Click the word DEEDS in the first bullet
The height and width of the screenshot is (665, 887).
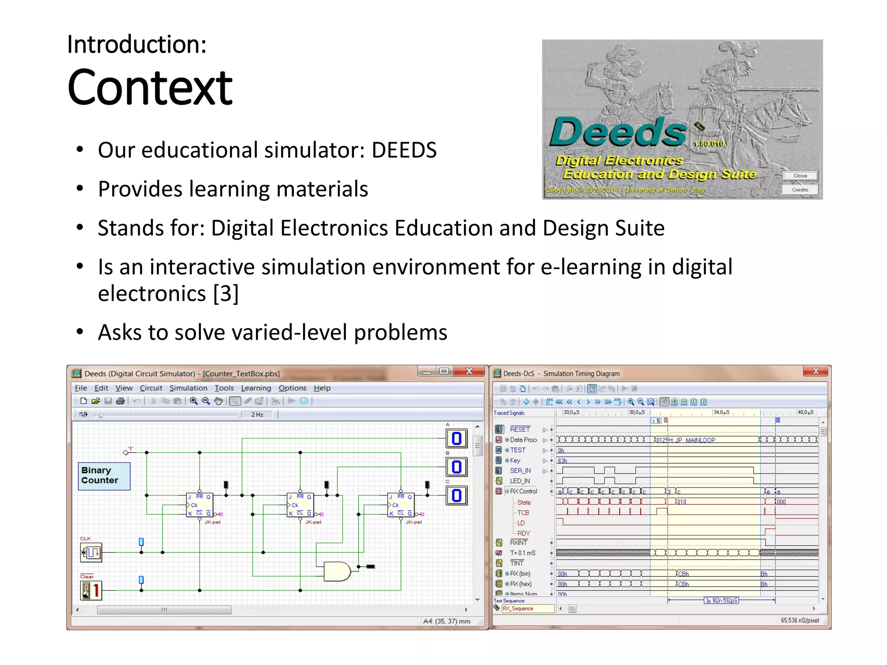(404, 150)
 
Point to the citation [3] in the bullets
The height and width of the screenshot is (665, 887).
(226, 294)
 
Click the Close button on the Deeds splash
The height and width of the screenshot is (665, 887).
(800, 176)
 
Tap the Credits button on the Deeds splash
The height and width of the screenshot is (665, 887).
(800, 190)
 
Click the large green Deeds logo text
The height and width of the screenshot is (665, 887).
(618, 132)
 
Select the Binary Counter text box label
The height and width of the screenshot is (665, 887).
(104, 475)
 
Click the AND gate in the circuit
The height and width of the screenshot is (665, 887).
(337, 571)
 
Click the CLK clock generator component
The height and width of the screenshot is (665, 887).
(91, 552)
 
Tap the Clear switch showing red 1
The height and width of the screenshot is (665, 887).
(91, 590)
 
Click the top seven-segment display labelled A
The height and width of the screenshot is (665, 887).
(456, 439)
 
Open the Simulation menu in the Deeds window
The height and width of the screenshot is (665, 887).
(188, 388)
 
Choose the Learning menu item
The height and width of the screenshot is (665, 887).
(256, 388)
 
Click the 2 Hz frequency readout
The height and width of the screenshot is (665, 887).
(257, 414)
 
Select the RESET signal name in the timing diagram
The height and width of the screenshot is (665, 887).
(520, 429)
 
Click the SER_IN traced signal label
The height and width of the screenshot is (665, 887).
(520, 471)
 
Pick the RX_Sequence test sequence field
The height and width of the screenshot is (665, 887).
(528, 608)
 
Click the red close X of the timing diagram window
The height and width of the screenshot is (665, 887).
(815, 371)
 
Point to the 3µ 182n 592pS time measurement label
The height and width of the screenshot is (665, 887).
(721, 600)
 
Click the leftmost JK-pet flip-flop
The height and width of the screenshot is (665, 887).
(199, 505)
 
